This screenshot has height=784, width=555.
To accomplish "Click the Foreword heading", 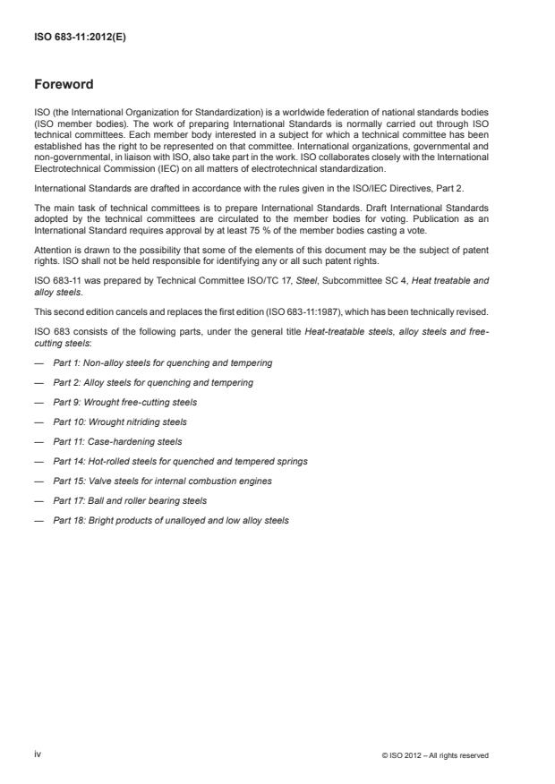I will [x=64, y=85].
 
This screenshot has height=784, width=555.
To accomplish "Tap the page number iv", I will [x=38, y=754].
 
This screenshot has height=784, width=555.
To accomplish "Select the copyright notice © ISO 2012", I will [x=434, y=755].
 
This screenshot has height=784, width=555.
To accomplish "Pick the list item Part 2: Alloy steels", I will [x=152, y=382].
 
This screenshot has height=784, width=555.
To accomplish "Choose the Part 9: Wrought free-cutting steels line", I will [x=124, y=402].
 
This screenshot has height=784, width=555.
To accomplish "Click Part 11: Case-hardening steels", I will [x=117, y=441].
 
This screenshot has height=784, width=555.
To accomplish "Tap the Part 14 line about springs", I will [x=180, y=461].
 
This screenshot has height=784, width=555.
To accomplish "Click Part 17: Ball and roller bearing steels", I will [x=130, y=500].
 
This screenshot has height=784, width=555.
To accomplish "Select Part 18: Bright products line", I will [x=171, y=520].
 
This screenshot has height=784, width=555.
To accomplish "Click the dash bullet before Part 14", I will [x=38, y=461].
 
